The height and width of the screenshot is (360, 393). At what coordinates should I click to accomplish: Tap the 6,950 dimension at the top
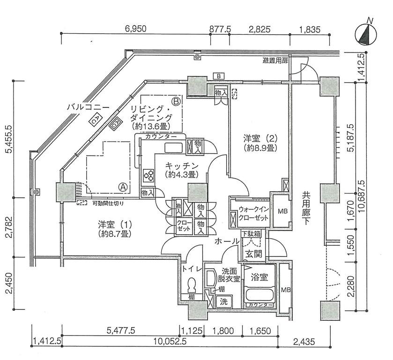(135, 29)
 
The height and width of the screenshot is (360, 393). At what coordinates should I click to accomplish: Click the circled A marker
(124, 187)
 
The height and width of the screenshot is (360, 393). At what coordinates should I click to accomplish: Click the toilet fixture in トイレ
(192, 285)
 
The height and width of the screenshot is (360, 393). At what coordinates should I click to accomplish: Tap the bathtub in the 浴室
(259, 296)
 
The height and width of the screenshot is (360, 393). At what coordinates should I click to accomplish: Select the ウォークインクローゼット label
(253, 214)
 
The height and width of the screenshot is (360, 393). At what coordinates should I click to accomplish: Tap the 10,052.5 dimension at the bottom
(167, 342)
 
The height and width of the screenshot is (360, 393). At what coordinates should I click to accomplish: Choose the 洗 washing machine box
(224, 301)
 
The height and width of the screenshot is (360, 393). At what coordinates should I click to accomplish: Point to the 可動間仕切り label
(108, 203)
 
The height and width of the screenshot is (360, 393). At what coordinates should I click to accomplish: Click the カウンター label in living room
(161, 136)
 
